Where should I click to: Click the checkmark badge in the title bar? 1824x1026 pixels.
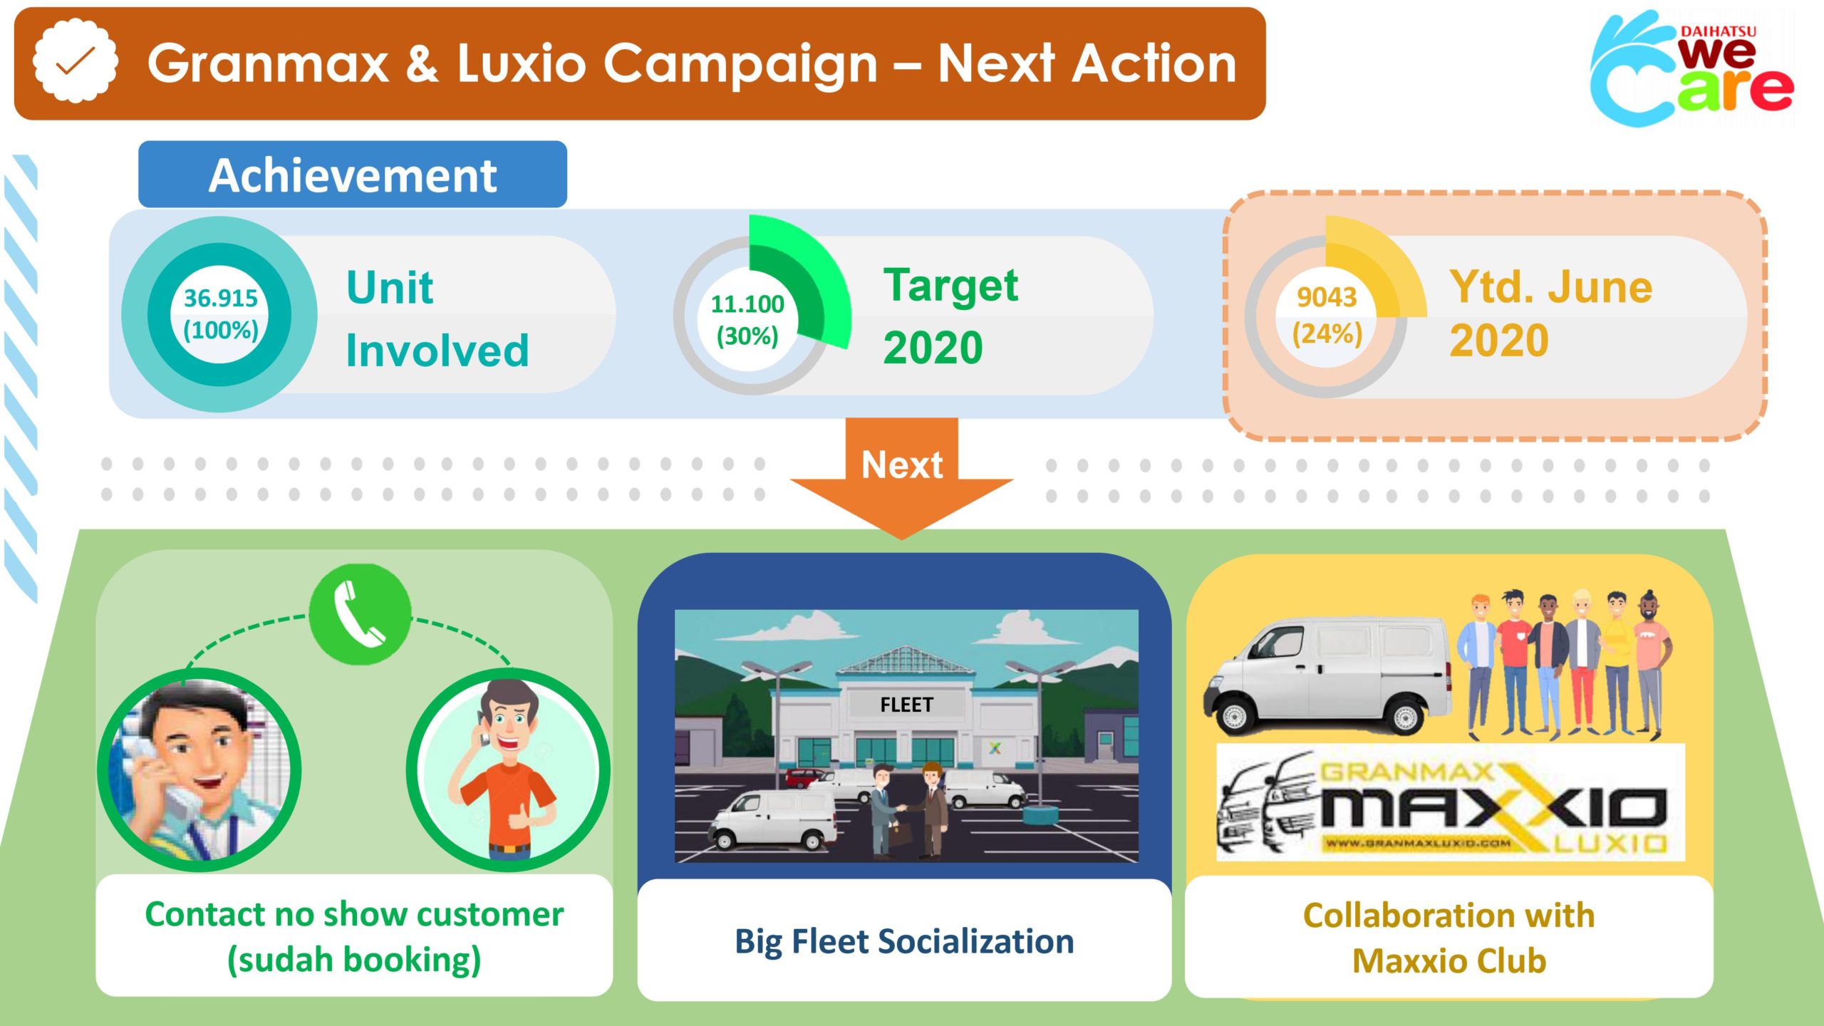click(x=75, y=62)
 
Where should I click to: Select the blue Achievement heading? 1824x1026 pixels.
click(x=353, y=175)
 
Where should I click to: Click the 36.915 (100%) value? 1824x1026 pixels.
click(x=220, y=313)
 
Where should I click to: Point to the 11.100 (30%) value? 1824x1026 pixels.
click(x=747, y=319)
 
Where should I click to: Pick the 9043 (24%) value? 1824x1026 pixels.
click(x=1327, y=315)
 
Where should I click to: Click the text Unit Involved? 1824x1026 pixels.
click(x=437, y=318)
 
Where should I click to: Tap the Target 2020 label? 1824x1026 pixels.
click(x=950, y=316)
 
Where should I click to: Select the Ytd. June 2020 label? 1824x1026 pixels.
click(x=1550, y=313)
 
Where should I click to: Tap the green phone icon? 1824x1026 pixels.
click(x=361, y=613)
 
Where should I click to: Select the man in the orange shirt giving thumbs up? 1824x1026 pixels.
click(x=508, y=769)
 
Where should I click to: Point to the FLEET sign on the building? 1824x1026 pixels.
click(x=906, y=705)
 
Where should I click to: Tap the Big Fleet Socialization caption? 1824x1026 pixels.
click(x=904, y=941)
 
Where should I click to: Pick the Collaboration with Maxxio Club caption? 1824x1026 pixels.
click(x=1449, y=938)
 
